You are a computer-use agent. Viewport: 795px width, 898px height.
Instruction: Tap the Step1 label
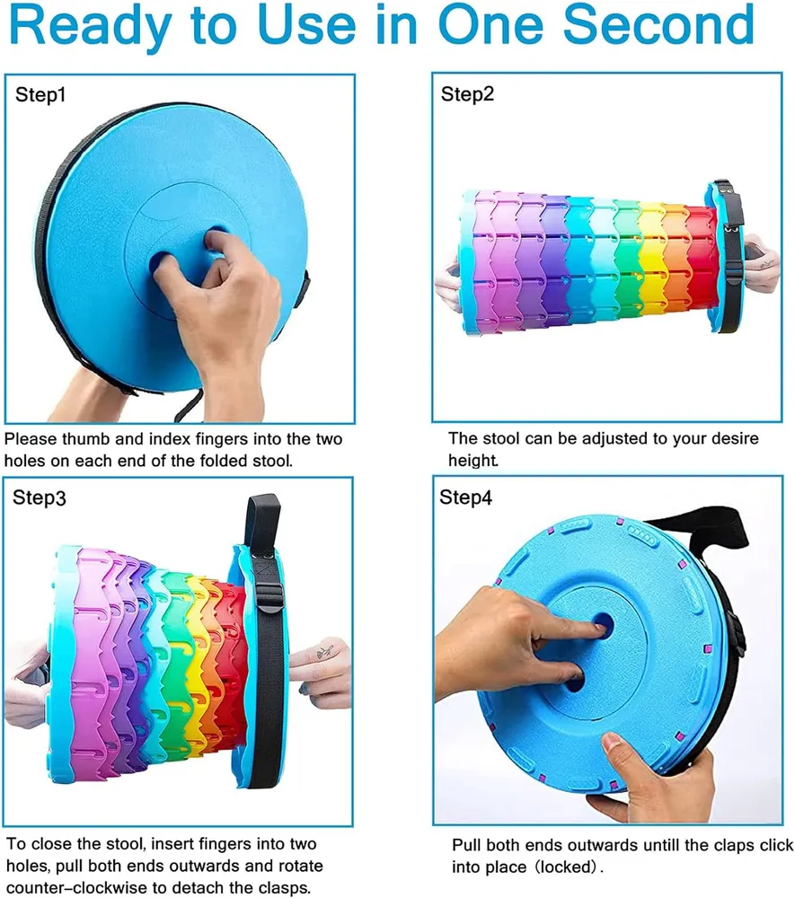[40, 94]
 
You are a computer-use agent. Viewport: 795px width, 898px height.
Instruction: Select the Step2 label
[467, 94]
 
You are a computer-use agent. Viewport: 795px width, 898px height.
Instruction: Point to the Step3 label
[39, 497]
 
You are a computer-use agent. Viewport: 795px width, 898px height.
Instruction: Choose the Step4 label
[465, 497]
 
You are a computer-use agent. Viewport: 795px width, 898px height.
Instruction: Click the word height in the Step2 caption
[473, 461]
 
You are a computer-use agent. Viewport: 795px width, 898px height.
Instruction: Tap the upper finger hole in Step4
[601, 622]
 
